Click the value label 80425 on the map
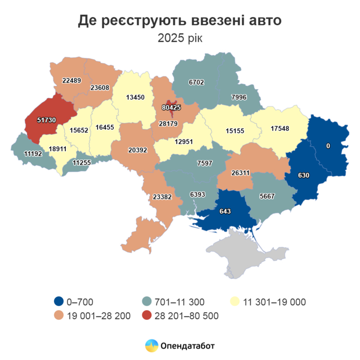171,108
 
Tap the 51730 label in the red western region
46,120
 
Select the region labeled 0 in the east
328,146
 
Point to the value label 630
303,175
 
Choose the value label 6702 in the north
196,82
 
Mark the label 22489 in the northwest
71,80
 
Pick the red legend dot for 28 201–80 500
148,315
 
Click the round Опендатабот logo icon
151,345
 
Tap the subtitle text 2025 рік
179,38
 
